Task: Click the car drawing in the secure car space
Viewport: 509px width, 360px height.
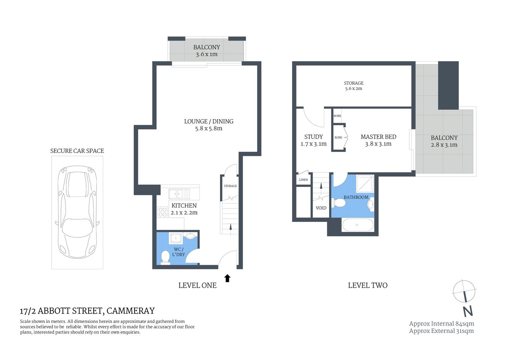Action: click(77, 212)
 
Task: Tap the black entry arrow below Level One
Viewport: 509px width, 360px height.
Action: click(227, 278)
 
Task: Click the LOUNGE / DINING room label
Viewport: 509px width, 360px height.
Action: click(209, 121)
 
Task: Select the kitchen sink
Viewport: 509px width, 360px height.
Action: click(179, 194)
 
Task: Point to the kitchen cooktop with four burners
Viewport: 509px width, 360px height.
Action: click(163, 212)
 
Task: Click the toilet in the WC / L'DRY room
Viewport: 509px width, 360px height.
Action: click(165, 257)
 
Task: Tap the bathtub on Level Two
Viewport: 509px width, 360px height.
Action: click(358, 225)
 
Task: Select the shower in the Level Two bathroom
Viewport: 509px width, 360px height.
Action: click(365, 184)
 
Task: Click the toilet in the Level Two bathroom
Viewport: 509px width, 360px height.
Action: click(339, 203)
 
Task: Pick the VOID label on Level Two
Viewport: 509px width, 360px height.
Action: click(321, 208)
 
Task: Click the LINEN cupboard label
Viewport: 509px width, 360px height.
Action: click(303, 180)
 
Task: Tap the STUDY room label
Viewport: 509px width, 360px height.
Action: click(313, 137)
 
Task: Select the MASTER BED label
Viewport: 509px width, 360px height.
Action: click(378, 137)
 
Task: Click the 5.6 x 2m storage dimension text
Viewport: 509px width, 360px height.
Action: click(353, 89)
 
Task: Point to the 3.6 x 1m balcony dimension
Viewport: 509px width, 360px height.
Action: click(207, 54)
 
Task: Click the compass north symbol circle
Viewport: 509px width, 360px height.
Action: click(464, 291)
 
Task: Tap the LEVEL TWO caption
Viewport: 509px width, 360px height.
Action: click(367, 285)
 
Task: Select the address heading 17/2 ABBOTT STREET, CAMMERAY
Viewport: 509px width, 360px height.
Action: click(87, 311)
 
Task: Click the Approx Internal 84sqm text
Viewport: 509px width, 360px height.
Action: click(441, 324)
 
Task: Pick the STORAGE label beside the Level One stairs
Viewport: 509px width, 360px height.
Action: click(230, 186)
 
